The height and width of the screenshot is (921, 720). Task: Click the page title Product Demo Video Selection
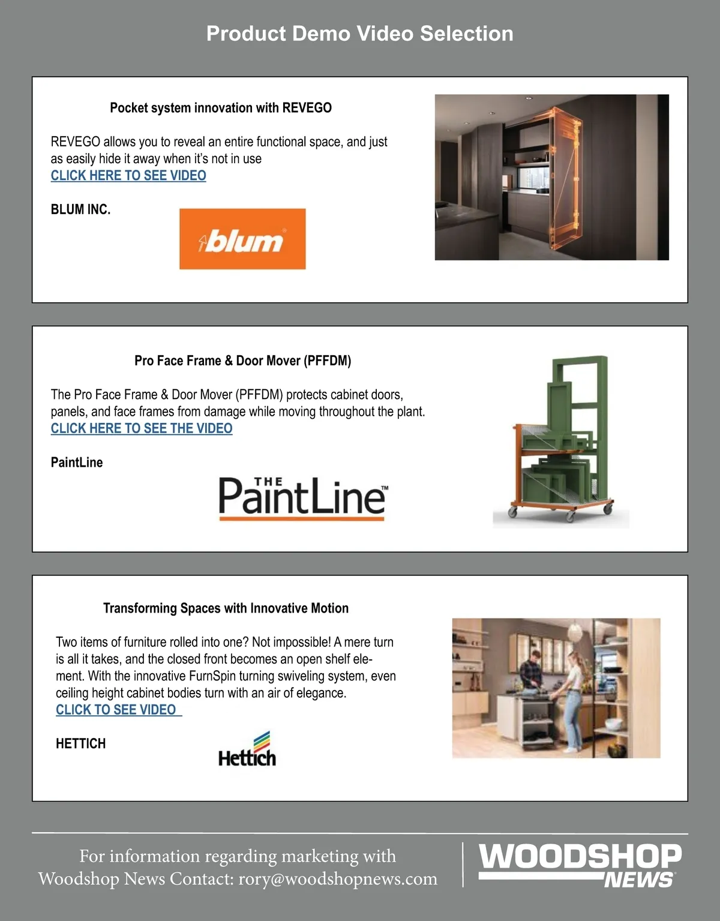click(x=360, y=34)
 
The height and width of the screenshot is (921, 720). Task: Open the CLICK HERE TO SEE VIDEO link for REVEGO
click(x=128, y=175)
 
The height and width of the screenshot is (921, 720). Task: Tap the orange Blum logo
click(x=242, y=239)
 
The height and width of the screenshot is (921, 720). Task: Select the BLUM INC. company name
click(x=80, y=209)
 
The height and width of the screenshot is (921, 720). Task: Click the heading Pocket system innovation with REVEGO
click(x=221, y=107)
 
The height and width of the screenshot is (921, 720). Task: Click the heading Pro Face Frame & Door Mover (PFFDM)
click(x=243, y=361)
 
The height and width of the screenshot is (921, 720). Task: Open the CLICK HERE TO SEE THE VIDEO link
click(x=142, y=428)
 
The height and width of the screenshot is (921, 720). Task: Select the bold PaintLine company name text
click(x=77, y=463)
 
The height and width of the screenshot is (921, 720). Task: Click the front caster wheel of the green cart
click(x=571, y=516)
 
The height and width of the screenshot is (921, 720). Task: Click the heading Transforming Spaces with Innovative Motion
click(x=226, y=608)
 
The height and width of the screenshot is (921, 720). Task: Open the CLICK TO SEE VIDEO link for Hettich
click(x=119, y=710)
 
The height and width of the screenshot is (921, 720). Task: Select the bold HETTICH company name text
click(x=80, y=743)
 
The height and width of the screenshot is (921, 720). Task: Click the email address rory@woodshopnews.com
click(x=338, y=878)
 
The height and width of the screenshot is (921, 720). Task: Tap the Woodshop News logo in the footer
click(x=580, y=865)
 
